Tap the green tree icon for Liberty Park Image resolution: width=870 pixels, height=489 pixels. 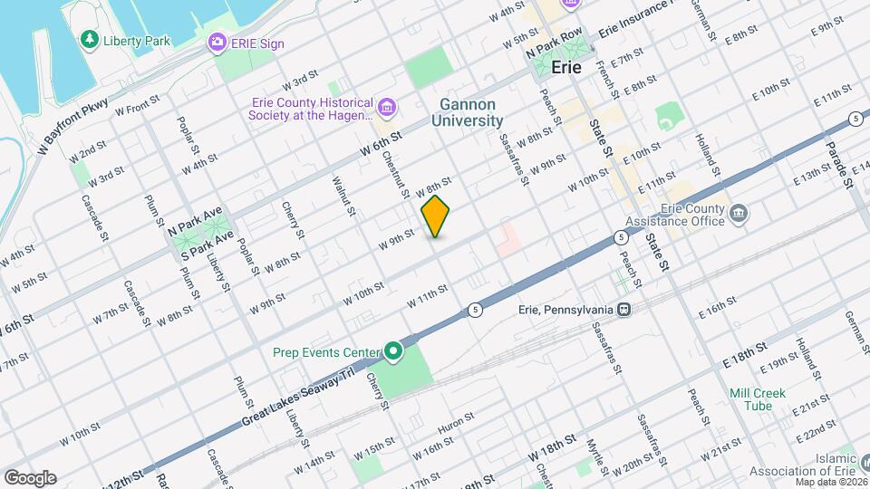coord(89,39)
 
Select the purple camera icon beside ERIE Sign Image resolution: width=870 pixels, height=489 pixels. coord(217,42)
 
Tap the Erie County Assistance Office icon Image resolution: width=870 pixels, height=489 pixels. coord(739,214)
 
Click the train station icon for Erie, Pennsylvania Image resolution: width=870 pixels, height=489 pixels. coord(623,309)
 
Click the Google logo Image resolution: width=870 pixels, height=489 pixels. coord(30,477)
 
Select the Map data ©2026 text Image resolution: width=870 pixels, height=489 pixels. coord(827,482)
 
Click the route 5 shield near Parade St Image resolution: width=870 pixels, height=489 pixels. coord(855,120)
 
